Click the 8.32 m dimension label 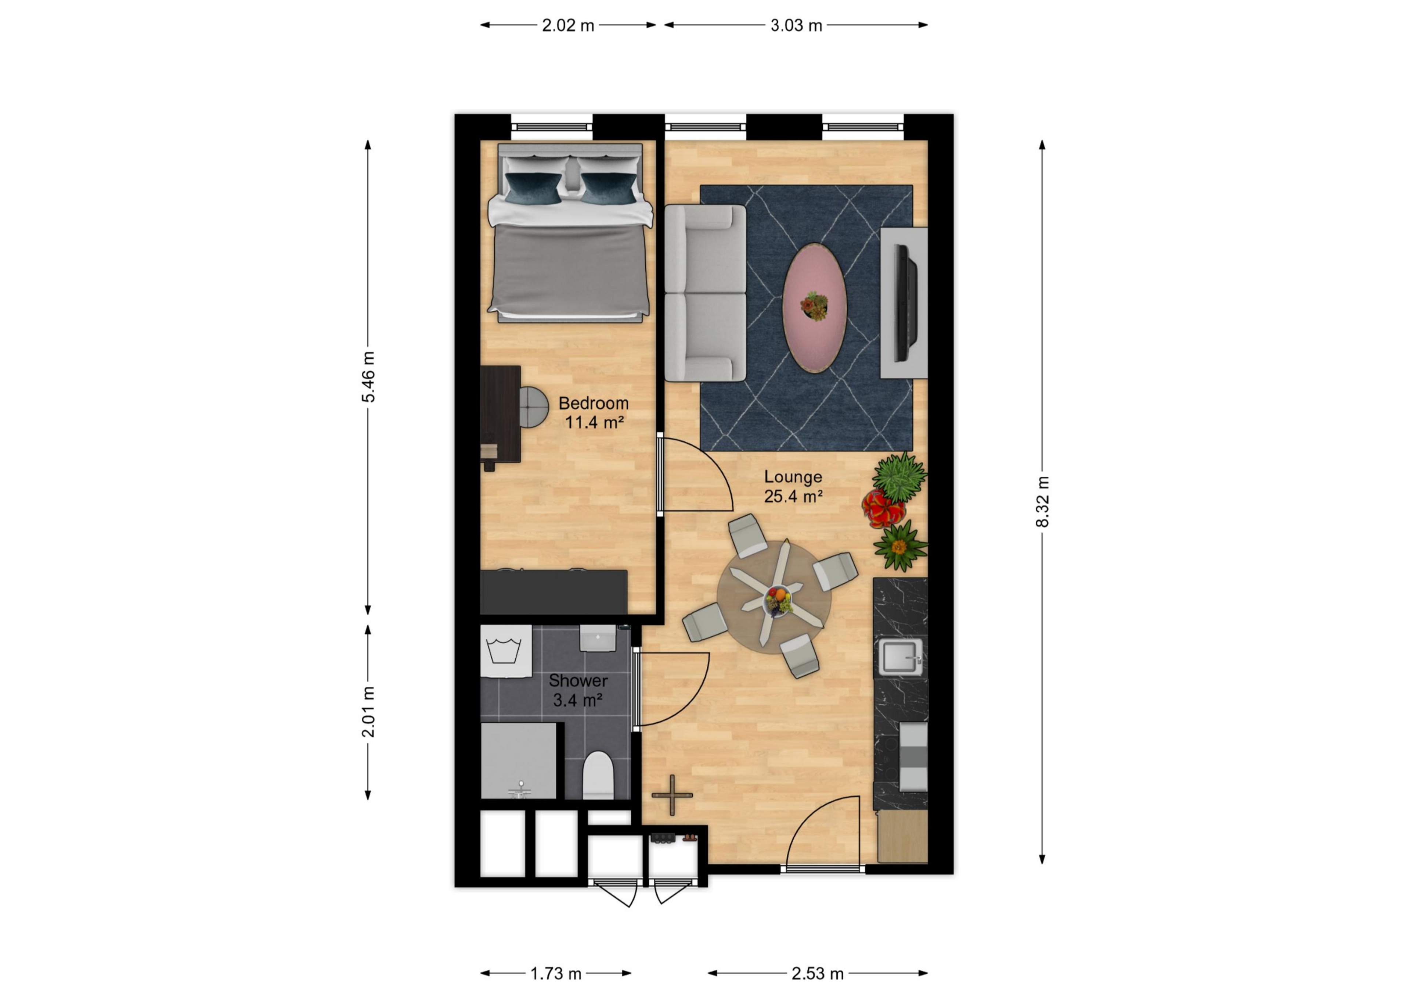(x=1042, y=501)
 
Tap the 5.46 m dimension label (x=368, y=377)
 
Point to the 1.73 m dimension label (x=555, y=973)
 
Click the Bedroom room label (x=593, y=403)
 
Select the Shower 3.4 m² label (x=577, y=690)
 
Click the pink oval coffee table (x=814, y=307)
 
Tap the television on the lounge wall (x=905, y=303)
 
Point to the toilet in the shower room (x=598, y=776)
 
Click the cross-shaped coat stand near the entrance (x=672, y=795)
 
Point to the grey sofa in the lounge (x=705, y=293)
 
